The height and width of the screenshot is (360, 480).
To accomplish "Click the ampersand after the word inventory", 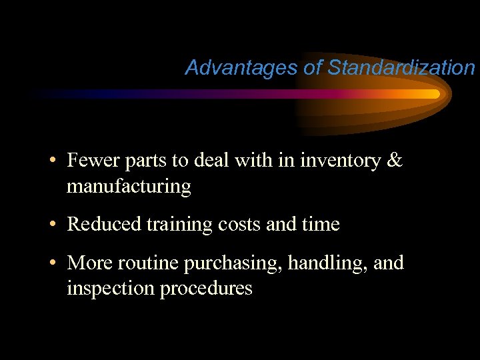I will click(395, 161).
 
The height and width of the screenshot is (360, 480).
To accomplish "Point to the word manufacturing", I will click(129, 187).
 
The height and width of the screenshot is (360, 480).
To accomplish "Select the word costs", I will click(239, 225).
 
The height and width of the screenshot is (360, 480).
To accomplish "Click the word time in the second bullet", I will click(322, 225).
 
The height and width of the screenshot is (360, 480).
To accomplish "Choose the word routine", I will click(149, 263).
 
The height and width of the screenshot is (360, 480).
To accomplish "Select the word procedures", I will click(206, 289).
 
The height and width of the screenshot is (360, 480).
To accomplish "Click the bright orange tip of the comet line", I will click(434, 94).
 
